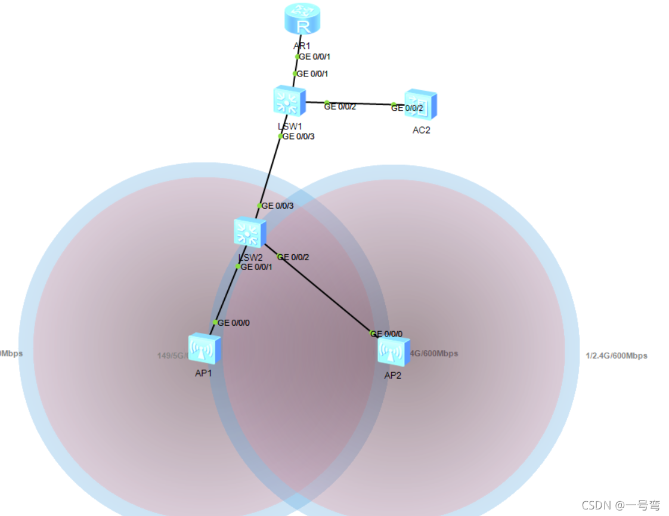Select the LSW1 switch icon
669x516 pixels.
290,100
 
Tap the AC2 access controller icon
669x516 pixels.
420,105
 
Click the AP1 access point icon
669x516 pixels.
205,348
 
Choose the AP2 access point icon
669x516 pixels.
394,351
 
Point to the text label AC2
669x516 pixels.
421,130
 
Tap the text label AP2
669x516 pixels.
392,375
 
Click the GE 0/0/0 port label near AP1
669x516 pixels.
234,323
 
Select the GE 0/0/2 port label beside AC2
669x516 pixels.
407,108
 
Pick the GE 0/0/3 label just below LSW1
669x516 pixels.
298,136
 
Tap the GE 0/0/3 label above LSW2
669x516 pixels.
278,206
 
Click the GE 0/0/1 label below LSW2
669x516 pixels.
256,267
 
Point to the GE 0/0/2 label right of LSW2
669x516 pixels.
293,257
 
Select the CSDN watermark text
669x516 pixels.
621,505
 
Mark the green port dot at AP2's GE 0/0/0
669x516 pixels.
372,333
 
